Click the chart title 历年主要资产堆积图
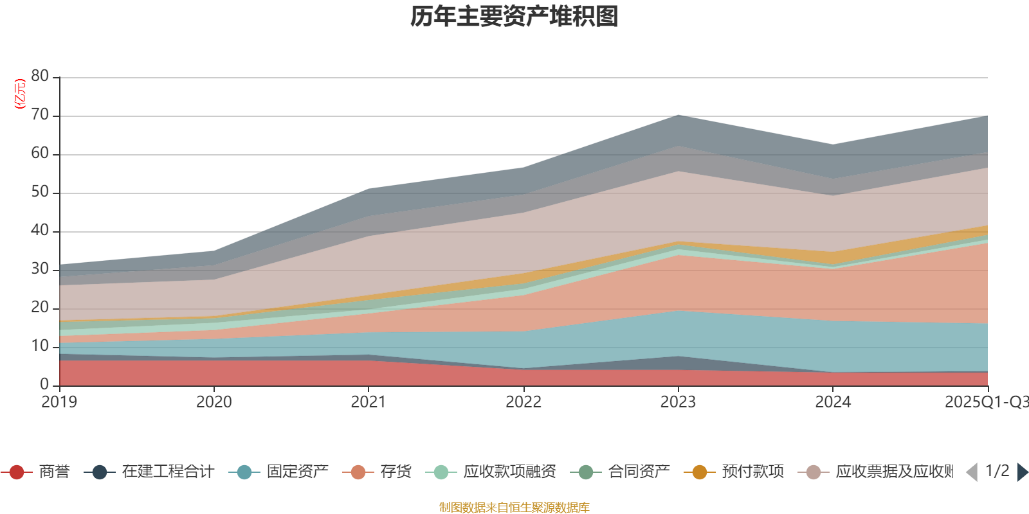[x=514, y=17]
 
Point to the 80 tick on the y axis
[x=40, y=76]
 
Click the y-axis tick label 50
[x=40, y=192]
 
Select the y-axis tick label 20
[x=40, y=308]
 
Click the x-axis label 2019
[x=59, y=402]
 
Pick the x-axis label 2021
[x=368, y=402]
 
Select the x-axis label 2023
[x=678, y=402]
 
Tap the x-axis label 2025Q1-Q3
[x=985, y=402]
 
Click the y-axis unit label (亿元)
[x=20, y=94]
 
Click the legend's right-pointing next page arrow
[x=1022, y=472]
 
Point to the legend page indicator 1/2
[x=997, y=471]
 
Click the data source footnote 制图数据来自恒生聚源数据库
[x=514, y=508]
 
